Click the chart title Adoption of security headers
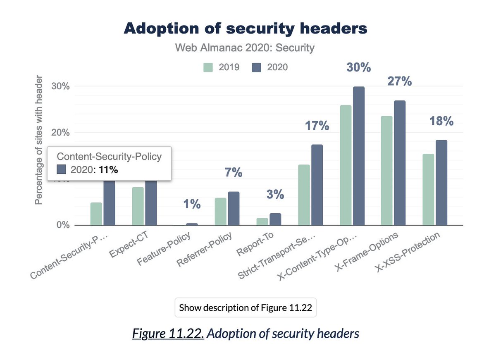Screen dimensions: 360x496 [245, 29]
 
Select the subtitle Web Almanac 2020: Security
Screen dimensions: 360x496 [245, 48]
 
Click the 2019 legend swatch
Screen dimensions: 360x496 [209, 67]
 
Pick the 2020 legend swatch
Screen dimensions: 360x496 [257, 67]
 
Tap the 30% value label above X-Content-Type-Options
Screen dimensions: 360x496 [358, 67]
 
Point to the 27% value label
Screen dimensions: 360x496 [399, 81]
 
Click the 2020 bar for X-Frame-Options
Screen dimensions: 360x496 [399, 163]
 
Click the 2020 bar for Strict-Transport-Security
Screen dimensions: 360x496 [317, 185]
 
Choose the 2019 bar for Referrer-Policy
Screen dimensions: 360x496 [221, 211]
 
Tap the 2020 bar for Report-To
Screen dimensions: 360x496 [275, 219]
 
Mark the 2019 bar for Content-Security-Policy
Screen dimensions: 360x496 [96, 214]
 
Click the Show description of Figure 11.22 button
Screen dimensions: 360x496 [245, 308]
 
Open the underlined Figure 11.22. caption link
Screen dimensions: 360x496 [167, 334]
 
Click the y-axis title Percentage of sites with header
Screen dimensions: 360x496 [38, 140]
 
